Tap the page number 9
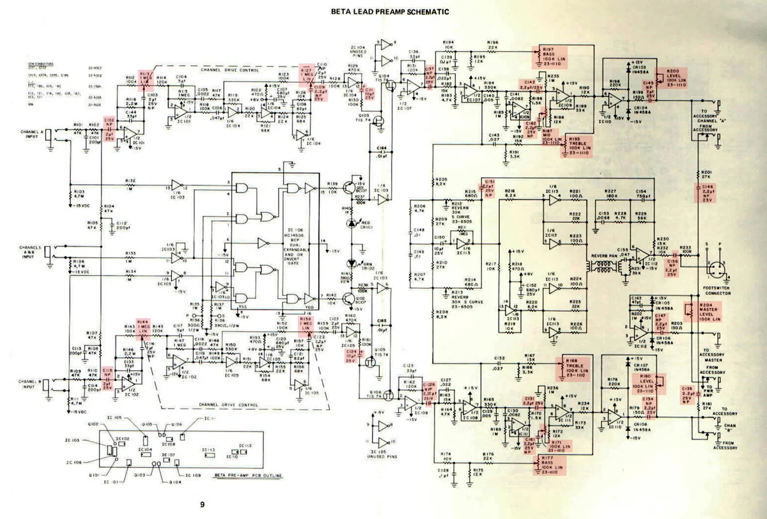(x=202, y=506)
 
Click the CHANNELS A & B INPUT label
(x=31, y=250)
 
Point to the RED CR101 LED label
(x=366, y=224)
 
